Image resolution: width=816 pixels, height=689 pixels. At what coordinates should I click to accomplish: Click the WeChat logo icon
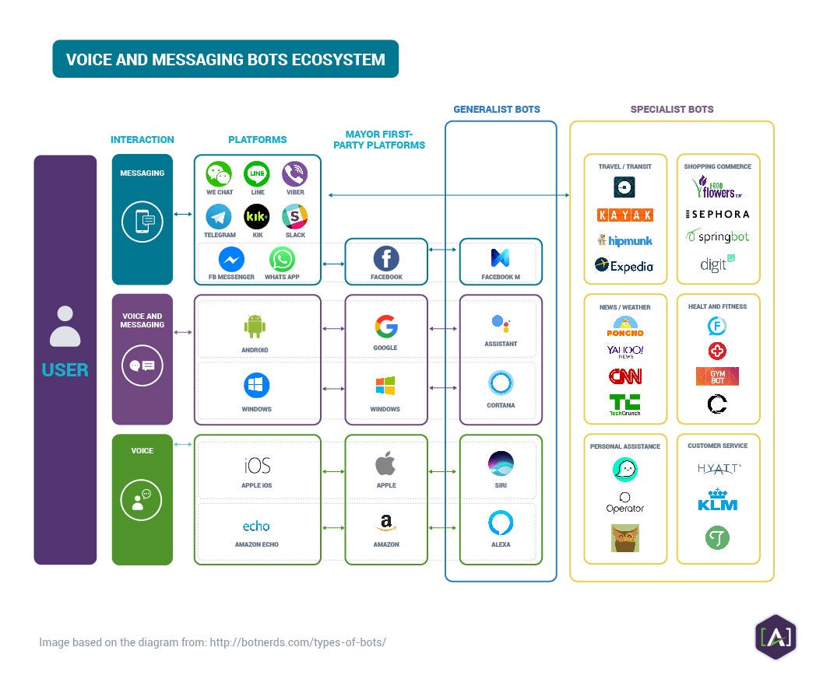[x=219, y=174]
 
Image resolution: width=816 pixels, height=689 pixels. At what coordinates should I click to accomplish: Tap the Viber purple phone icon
[x=294, y=174]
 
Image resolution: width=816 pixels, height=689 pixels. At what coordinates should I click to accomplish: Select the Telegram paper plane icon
[x=219, y=216]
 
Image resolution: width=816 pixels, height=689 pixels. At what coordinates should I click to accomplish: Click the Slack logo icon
[x=294, y=216]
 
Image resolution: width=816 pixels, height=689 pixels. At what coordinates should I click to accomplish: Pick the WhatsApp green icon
[x=282, y=259]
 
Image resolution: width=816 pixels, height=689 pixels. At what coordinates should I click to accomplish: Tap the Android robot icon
[x=255, y=325]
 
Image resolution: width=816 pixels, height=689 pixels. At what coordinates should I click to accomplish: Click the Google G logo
[x=385, y=325]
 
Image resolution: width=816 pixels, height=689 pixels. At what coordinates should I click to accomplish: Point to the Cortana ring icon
[x=500, y=383]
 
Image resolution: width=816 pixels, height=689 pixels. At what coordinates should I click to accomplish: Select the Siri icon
[x=500, y=463]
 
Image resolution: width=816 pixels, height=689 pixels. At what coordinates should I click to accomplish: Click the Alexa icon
[x=500, y=523]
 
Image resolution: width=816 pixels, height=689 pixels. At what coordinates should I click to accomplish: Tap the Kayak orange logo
[x=624, y=215]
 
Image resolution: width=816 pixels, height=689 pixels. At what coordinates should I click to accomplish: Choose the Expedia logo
[x=624, y=266]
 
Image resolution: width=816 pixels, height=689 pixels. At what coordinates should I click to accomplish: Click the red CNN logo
[x=624, y=376]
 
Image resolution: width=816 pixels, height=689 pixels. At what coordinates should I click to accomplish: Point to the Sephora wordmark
[x=717, y=214]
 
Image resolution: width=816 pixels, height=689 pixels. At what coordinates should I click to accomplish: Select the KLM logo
[x=717, y=499]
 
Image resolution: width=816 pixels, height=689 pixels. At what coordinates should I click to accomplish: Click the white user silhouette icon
[x=65, y=327]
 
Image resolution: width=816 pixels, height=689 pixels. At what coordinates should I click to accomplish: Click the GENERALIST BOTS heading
[x=497, y=110]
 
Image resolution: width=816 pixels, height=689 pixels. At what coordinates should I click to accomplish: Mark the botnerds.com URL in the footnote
[x=297, y=642]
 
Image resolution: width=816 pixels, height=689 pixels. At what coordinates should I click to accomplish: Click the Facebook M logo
[x=500, y=257]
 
